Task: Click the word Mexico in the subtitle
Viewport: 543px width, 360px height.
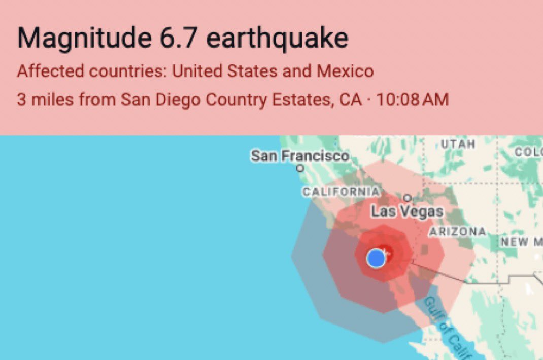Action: tap(345, 71)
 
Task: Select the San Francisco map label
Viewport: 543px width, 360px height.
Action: tap(300, 156)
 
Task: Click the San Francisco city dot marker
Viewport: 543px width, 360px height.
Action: tap(300, 168)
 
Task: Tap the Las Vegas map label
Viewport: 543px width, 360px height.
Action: tap(407, 211)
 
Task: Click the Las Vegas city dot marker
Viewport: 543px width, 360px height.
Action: tap(407, 198)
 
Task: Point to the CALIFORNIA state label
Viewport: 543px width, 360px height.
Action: tap(341, 192)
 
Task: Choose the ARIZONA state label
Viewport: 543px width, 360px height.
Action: tap(458, 232)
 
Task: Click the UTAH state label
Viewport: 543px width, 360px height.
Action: tap(458, 144)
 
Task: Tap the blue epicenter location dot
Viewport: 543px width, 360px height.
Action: tap(376, 258)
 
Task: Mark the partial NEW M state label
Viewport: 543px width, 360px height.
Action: tap(521, 242)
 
